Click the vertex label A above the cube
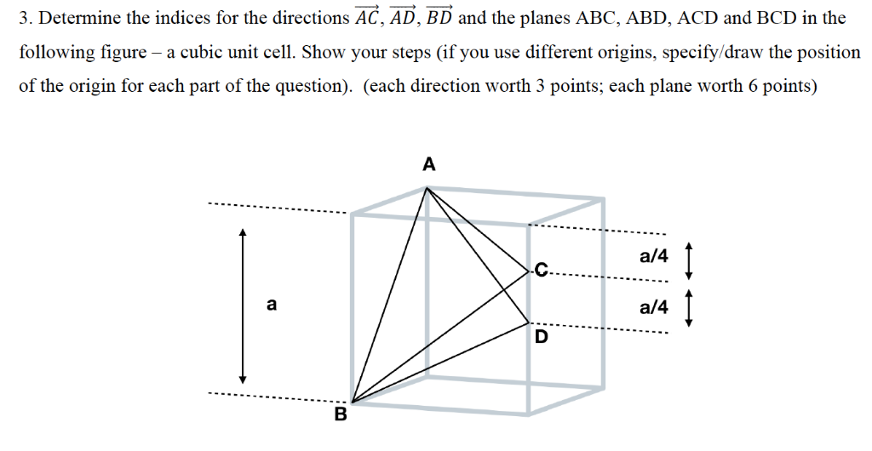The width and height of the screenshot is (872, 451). point(429,164)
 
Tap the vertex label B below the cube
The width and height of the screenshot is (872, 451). point(340,414)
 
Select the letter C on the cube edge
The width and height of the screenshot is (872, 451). point(542,271)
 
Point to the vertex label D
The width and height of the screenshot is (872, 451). point(541,337)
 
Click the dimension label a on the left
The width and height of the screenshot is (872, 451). point(272,305)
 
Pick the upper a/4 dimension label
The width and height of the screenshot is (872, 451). point(654,256)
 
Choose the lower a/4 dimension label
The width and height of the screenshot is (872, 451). point(654,306)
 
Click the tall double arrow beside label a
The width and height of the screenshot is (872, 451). point(242,305)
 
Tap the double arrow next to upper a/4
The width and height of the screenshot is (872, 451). point(689,260)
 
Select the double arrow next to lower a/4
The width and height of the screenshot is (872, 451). point(689,308)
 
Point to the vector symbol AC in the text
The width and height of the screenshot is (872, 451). point(368,17)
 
